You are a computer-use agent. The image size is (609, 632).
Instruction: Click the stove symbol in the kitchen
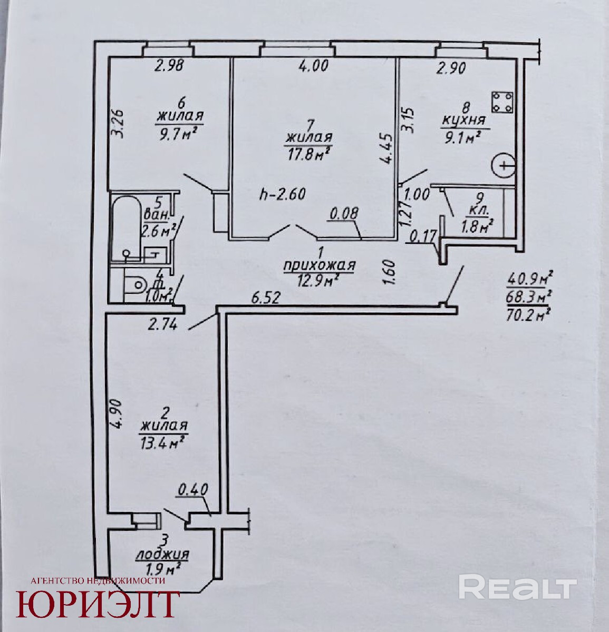coord(502,101)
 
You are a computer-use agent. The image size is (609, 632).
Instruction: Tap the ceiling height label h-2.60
coord(283,194)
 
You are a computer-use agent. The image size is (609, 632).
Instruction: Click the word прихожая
coord(319,265)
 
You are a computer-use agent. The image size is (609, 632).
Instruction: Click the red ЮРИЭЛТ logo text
coord(98,604)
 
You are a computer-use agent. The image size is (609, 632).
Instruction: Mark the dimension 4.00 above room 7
coord(313,66)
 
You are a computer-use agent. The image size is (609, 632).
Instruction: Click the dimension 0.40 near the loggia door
coord(193,490)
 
